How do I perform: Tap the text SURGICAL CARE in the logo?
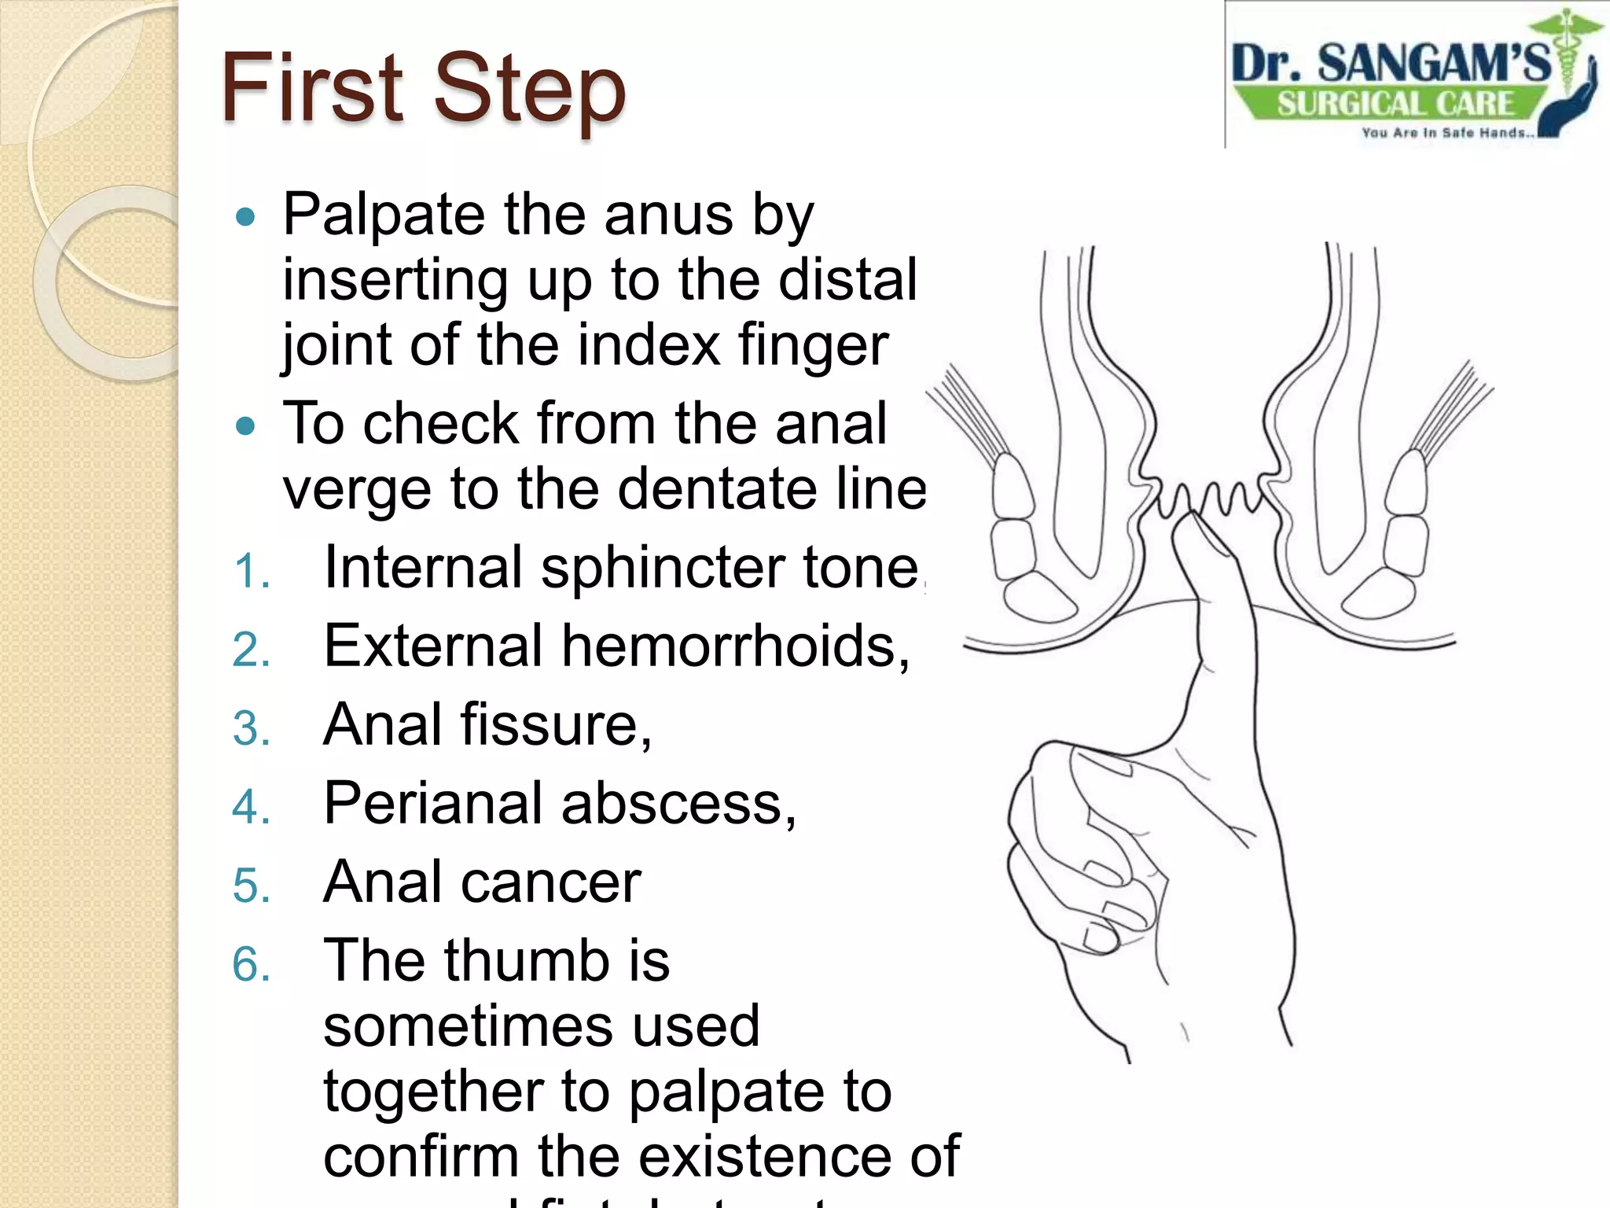point(1395,103)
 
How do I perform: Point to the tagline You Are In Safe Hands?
point(1447,133)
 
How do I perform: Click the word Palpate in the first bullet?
point(384,214)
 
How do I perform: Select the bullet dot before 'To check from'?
point(246,425)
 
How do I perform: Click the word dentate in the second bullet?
point(716,488)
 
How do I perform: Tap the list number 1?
point(252,571)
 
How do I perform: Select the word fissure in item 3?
point(555,724)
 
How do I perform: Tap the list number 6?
point(252,964)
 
